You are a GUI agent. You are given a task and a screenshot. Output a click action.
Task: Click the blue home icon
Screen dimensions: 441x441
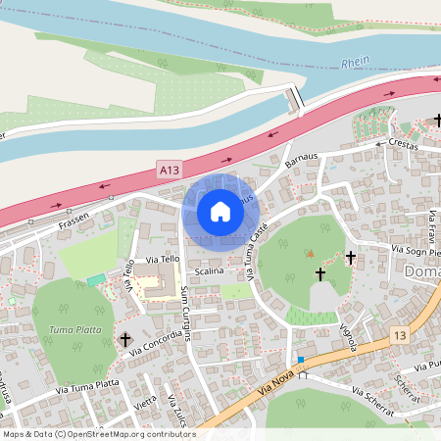point(220,211)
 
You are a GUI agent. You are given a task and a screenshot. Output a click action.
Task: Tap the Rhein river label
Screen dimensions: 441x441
point(356,62)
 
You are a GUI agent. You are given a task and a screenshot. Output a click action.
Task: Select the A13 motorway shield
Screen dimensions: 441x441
point(170,171)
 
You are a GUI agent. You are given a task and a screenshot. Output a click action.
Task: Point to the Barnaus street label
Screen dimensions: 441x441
point(302,157)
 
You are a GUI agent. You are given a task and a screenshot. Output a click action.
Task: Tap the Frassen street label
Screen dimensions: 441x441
point(73,217)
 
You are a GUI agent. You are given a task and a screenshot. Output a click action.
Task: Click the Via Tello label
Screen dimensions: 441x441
point(163,260)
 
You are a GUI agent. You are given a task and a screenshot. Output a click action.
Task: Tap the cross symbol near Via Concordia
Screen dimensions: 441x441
point(124,339)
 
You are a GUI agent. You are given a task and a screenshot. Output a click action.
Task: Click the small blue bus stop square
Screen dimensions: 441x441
point(301,360)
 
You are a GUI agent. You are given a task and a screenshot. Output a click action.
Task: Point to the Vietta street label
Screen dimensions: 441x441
point(146,402)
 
